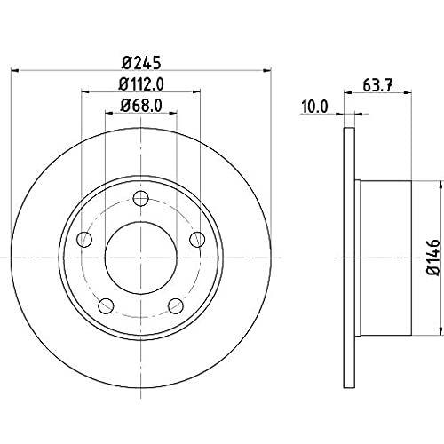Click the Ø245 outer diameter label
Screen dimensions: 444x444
click(141, 62)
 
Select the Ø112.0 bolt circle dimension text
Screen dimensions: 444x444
click(141, 86)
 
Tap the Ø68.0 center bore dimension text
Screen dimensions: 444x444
click(141, 109)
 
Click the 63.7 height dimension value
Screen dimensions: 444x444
click(379, 87)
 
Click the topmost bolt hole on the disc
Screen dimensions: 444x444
click(139, 198)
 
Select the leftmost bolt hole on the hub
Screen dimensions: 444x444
click(84, 238)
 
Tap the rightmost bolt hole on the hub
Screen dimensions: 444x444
click(197, 238)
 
